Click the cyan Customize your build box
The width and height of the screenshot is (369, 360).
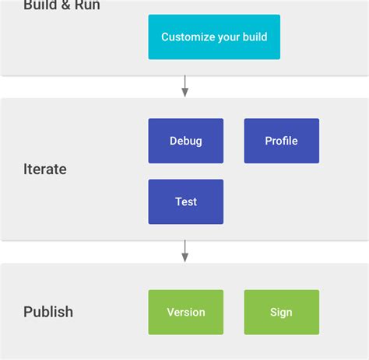(214, 37)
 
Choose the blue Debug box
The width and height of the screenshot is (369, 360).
(185, 141)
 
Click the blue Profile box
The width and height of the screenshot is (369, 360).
(281, 141)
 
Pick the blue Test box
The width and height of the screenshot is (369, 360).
(185, 201)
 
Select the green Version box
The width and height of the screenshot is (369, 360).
(185, 312)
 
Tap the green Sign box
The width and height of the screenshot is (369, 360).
(281, 312)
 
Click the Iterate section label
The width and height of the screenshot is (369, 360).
(45, 169)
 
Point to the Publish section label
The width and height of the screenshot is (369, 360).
(48, 312)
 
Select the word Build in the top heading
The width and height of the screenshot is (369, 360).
(40, 5)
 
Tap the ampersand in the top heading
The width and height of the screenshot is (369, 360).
(64, 5)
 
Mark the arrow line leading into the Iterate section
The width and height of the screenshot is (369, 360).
(184, 82)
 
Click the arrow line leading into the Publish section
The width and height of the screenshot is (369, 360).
(184, 246)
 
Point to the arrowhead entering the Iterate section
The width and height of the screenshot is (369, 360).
(184, 93)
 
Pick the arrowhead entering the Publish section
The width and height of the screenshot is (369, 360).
(184, 257)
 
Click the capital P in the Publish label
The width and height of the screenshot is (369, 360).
(28, 312)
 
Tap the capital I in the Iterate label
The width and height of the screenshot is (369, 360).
(26, 169)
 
